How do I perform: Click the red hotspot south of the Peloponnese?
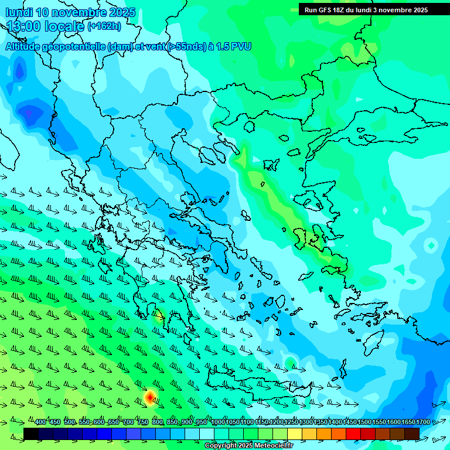point(150,398)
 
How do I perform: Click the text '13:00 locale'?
point(46,26)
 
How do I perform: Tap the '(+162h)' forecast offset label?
point(104,26)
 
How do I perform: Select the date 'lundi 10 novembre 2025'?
point(70,12)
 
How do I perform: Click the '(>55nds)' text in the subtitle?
point(186,46)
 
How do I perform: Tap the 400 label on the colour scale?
point(40,422)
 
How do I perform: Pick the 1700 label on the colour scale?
point(422,422)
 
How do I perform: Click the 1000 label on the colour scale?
point(218,422)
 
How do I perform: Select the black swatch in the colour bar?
point(31,434)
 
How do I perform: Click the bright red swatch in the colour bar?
point(353,434)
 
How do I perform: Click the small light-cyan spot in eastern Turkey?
point(431,245)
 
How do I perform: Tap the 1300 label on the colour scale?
point(306,422)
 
